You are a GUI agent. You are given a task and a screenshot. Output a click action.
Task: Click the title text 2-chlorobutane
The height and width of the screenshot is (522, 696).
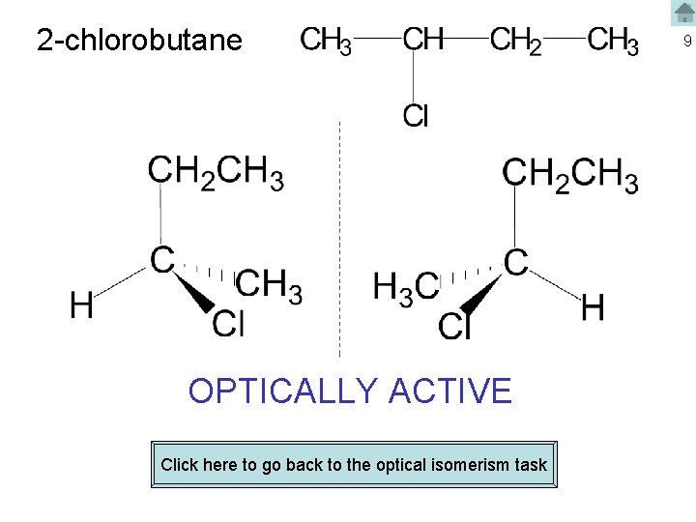pyautogui.click(x=139, y=41)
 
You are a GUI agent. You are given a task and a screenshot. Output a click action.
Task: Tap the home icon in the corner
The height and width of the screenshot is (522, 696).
pyautogui.click(x=684, y=13)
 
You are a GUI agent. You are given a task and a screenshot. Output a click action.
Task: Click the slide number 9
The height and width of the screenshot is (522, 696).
pyautogui.click(x=685, y=42)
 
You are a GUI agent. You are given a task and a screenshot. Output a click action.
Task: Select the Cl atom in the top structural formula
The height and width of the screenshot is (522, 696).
pyautogui.click(x=416, y=116)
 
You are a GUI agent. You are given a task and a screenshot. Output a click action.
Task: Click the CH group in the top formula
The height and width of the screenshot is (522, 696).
pyautogui.click(x=422, y=41)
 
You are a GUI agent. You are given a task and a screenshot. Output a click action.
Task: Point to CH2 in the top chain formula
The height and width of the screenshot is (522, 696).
pyautogui.click(x=515, y=42)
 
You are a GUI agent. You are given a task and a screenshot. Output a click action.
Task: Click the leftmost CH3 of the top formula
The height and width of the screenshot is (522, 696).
pyautogui.click(x=326, y=42)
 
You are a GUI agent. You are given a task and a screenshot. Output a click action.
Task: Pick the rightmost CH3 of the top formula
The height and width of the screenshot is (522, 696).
pyautogui.click(x=613, y=42)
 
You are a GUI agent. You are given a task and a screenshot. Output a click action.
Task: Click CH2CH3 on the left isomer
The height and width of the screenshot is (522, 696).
pyautogui.click(x=216, y=174)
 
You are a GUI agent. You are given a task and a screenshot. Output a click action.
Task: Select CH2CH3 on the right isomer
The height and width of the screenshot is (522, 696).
pyautogui.click(x=570, y=176)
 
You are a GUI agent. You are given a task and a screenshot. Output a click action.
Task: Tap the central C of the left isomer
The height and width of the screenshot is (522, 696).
pyautogui.click(x=161, y=259)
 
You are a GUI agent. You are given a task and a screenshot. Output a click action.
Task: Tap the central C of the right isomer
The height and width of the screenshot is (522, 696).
pyautogui.click(x=516, y=260)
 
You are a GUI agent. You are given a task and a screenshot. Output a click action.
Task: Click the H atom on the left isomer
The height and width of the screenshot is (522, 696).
pyautogui.click(x=82, y=306)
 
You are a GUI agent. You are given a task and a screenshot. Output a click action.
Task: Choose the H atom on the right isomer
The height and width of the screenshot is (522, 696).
pyautogui.click(x=593, y=309)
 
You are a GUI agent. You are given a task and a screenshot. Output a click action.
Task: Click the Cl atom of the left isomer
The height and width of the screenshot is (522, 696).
pyautogui.click(x=228, y=322)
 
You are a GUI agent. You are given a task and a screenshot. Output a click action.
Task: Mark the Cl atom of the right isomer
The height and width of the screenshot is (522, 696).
pyautogui.click(x=454, y=327)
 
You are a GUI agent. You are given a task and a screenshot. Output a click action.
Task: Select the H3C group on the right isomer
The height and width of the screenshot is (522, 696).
pyautogui.click(x=405, y=287)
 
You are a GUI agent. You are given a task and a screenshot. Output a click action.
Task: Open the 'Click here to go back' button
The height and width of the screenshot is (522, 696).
pyautogui.click(x=354, y=465)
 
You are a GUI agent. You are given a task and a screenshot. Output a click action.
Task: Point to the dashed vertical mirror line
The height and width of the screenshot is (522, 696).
pyautogui.click(x=339, y=242)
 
